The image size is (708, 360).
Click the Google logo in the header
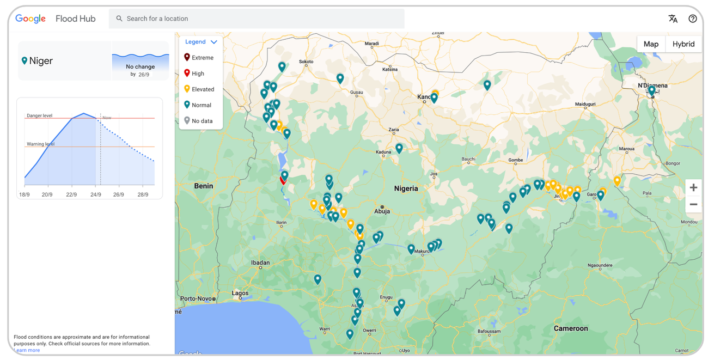coord(30,19)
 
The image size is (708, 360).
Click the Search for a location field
coord(256,19)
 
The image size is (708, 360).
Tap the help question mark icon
coord(692,19)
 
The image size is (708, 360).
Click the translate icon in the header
coord(673,19)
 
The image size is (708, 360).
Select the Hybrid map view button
coord(683,44)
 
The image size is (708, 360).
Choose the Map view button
coord(651,44)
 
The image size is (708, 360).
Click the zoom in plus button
coord(693,187)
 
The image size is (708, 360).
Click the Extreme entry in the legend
coord(199,58)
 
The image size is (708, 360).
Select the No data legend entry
coord(199,121)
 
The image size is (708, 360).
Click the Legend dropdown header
coord(200,42)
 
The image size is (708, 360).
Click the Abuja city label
coord(382,211)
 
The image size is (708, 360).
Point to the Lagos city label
coord(240,293)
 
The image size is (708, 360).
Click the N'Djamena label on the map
coord(652,86)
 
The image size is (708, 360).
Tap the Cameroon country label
coord(570,328)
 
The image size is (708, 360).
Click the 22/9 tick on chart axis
coord(72,194)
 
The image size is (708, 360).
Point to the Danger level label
coord(39,115)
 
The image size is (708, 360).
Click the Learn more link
coord(27,350)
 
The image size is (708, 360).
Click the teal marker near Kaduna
coord(399,148)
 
